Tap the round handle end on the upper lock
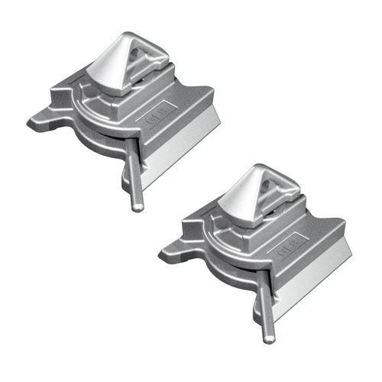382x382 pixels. [x=136, y=206]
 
